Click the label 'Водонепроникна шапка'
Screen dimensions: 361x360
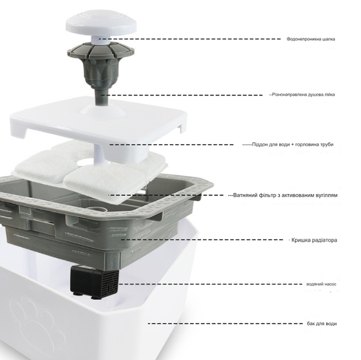pyautogui.click(x=311, y=39)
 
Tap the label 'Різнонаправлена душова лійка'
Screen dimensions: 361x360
pyautogui.click(x=303, y=94)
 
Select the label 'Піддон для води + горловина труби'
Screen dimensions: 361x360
pyautogui.click(x=292, y=145)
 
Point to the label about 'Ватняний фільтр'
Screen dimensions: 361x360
pyautogui.click(x=285, y=195)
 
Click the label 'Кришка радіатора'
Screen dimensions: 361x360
pyautogui.click(x=314, y=240)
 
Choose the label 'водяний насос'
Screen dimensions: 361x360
pyautogui.click(x=321, y=284)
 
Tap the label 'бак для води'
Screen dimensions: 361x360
pyautogui.click(x=322, y=323)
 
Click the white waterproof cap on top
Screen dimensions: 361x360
pyautogui.click(x=101, y=23)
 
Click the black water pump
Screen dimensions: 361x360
pyautogui.click(x=94, y=282)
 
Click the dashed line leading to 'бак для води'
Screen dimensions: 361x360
pyautogui.click(x=225, y=323)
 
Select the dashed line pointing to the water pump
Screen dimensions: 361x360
pyautogui.click(x=211, y=284)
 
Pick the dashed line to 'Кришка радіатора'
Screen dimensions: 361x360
pyautogui.click(x=202, y=240)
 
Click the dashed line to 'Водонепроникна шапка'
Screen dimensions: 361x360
pyautogui.click(x=191, y=39)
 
